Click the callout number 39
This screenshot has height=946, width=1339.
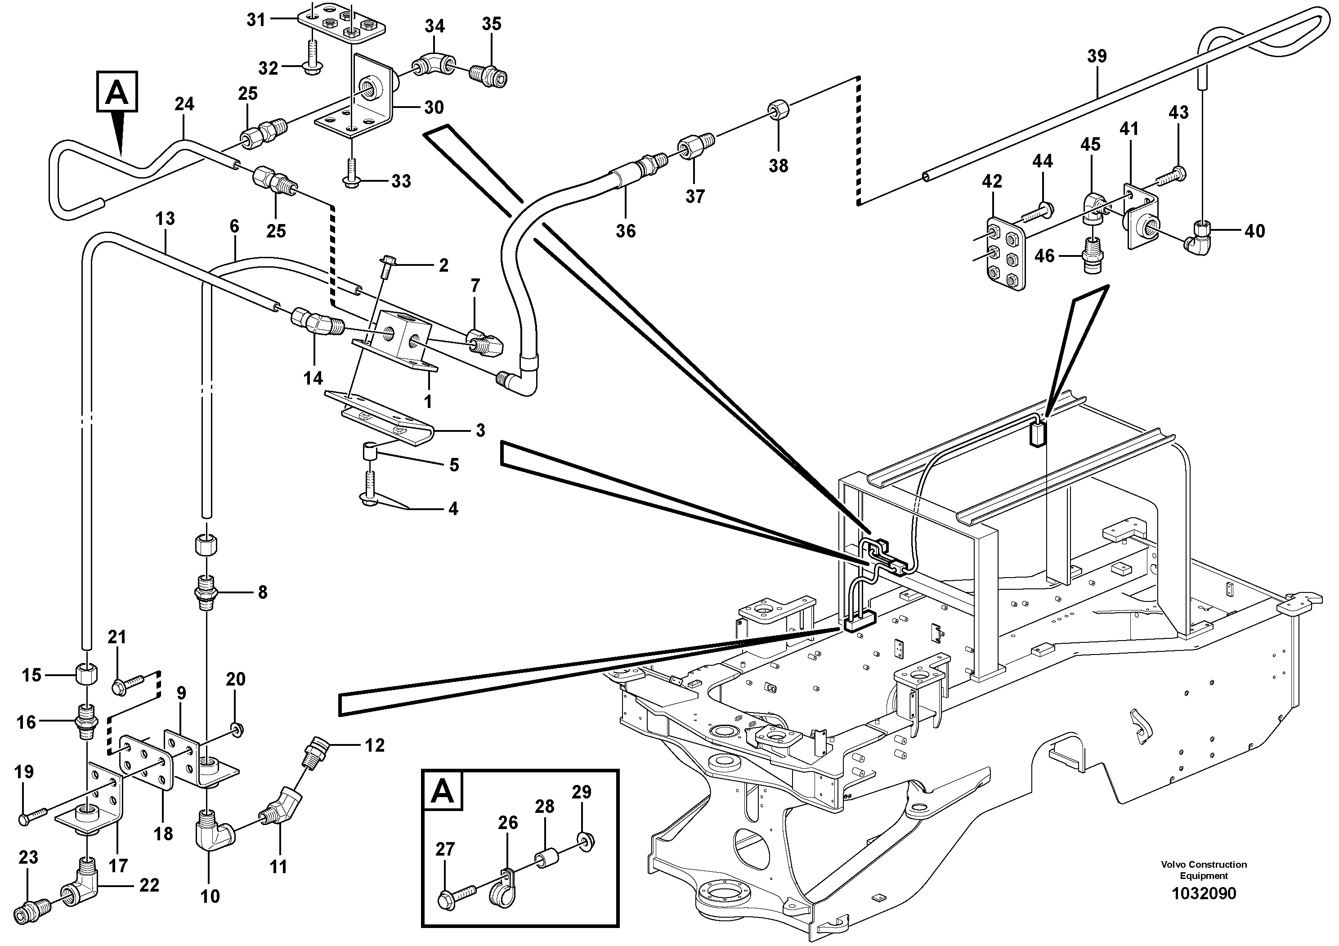tap(1097, 57)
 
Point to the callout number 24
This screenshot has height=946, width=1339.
tap(184, 104)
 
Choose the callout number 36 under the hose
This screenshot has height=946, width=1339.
tap(626, 231)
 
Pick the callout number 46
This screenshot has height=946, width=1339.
tap(1044, 256)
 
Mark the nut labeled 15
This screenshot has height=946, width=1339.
tap(86, 675)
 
